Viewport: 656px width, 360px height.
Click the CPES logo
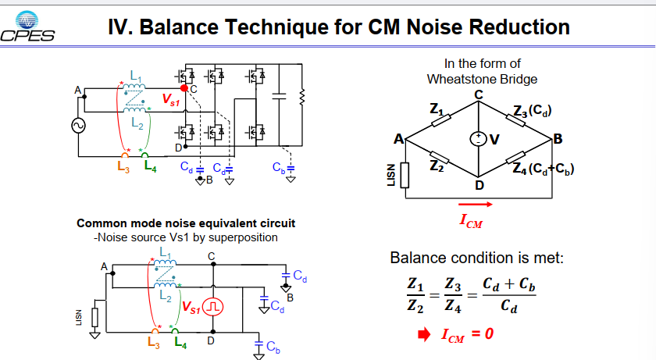point(27,27)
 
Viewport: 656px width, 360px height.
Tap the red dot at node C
point(184,87)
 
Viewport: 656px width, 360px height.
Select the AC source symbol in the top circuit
point(78,126)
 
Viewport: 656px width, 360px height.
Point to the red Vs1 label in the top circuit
point(171,99)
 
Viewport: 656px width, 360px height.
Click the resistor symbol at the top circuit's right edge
point(301,97)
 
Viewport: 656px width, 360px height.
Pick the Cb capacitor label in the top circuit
point(279,168)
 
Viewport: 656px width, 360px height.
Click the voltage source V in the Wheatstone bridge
point(478,139)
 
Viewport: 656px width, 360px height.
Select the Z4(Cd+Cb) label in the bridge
point(543,169)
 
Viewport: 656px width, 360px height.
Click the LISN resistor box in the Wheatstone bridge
point(405,175)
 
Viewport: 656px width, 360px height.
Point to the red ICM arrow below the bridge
point(476,205)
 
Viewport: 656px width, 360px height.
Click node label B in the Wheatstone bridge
point(558,139)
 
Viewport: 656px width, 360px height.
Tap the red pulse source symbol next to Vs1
point(213,308)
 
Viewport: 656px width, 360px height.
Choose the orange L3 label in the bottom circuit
point(154,343)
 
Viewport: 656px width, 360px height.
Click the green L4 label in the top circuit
point(150,166)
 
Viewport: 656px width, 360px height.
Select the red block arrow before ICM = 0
point(424,334)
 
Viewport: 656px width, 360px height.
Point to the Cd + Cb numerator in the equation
point(509,284)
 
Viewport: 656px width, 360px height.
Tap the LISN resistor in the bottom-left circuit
point(95,317)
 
